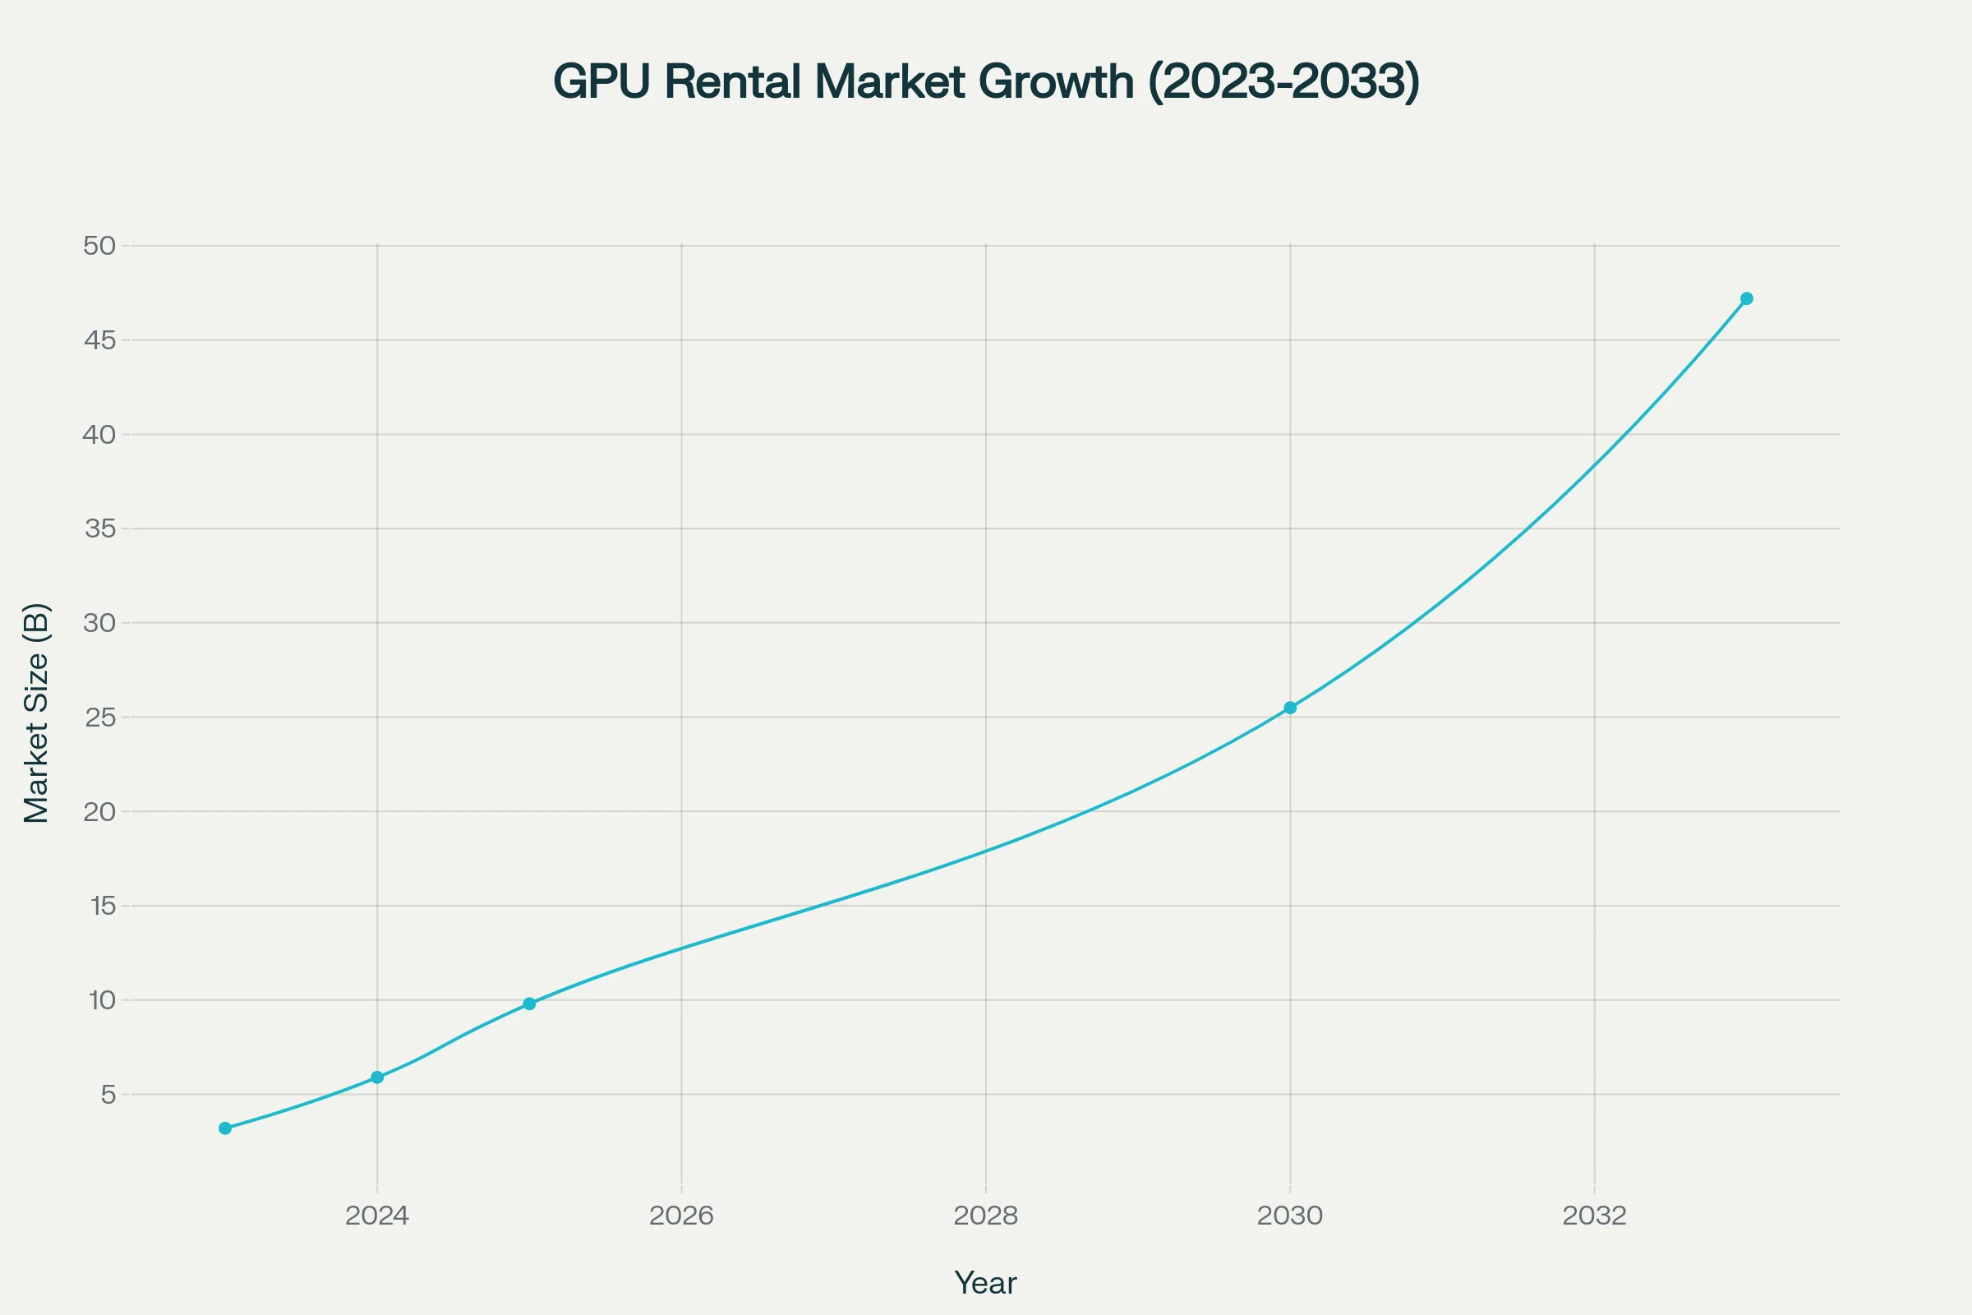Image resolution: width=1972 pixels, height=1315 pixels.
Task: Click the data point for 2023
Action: [224, 1128]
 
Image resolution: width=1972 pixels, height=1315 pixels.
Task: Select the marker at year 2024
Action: [377, 1077]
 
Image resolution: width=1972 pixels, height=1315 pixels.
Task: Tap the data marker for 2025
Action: [529, 1004]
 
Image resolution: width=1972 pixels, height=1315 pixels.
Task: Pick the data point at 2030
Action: [1290, 708]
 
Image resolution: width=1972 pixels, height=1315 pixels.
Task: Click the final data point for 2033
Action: [1747, 298]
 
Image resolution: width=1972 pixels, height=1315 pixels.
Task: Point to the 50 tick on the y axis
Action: [99, 246]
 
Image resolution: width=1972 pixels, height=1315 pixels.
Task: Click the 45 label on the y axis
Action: [99, 339]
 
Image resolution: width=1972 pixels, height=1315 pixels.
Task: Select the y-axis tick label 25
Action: [99, 717]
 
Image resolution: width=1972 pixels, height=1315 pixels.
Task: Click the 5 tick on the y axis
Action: [108, 1095]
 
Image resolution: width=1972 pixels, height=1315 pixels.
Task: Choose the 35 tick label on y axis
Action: [99, 528]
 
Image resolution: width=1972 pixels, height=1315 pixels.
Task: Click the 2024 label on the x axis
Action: [377, 1216]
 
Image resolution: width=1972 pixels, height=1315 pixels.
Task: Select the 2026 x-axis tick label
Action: [681, 1216]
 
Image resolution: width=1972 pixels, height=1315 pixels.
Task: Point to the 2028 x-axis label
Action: [985, 1216]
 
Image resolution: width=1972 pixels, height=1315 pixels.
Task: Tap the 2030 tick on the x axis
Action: [1289, 1216]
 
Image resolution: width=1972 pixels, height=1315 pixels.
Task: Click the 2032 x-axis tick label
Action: [1594, 1216]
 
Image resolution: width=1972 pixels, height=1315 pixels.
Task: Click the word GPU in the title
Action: [601, 82]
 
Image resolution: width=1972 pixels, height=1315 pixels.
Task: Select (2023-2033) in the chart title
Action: [1283, 82]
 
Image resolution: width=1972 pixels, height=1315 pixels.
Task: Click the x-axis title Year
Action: [985, 1283]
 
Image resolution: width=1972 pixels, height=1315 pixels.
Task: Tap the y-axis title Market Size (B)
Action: [37, 713]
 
